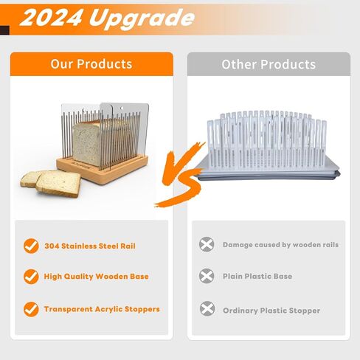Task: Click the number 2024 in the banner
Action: (x=51, y=18)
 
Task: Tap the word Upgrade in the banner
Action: (x=142, y=18)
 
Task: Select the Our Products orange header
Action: (x=91, y=64)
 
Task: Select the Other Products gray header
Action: (x=269, y=64)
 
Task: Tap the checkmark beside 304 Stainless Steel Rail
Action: (x=31, y=246)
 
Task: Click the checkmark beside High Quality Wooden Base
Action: (x=31, y=277)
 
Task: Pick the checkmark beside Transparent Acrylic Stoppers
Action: (x=31, y=309)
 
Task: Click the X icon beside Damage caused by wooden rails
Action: (x=207, y=244)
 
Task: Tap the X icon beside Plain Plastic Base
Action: (x=207, y=276)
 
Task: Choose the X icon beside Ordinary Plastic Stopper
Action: (x=207, y=308)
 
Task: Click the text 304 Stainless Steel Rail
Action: (x=90, y=246)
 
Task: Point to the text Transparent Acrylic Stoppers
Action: (x=102, y=309)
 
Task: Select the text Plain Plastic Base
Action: (x=257, y=276)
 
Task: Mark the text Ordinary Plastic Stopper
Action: (x=271, y=311)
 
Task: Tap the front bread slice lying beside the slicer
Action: (x=58, y=184)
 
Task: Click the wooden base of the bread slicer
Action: (x=103, y=170)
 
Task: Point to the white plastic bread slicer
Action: (x=268, y=145)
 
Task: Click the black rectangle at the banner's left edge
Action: (x=4, y=30)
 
